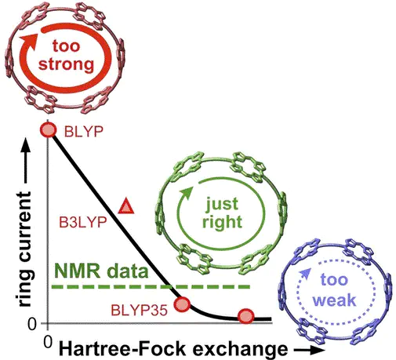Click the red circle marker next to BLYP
tap(48, 130)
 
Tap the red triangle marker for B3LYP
tap(126, 206)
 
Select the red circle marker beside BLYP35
tap(182, 304)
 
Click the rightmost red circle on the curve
tap(246, 316)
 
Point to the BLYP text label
tap(84, 132)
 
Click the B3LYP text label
tap(83, 223)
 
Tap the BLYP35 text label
tap(139, 311)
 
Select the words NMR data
tap(101, 271)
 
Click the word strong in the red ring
tap(66, 64)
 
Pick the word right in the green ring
tap(222, 223)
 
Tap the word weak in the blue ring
tap(334, 300)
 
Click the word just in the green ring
tap(222, 204)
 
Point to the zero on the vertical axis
tap(32, 325)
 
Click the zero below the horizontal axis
tap(48, 342)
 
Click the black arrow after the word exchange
tap(309, 351)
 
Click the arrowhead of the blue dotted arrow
tap(305, 274)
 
